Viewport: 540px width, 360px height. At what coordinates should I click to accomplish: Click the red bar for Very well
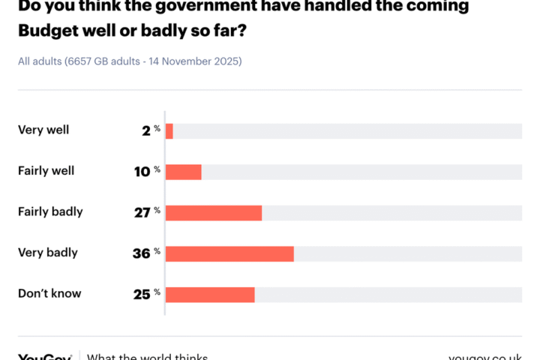pos(169,130)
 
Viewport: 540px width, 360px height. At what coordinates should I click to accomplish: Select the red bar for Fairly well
pos(184,172)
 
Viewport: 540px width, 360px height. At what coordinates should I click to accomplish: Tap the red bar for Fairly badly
pos(214,212)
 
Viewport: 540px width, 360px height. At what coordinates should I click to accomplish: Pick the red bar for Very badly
pos(229,253)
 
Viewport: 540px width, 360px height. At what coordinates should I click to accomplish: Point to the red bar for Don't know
pos(210,294)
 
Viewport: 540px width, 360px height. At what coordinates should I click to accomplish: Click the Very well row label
pos(43,130)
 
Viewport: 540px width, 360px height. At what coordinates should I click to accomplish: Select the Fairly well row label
pos(46,171)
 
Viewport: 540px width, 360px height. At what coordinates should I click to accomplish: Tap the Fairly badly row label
pos(50,211)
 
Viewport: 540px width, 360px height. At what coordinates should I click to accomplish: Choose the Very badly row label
pos(48,253)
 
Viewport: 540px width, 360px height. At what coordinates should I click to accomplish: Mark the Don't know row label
pos(49,293)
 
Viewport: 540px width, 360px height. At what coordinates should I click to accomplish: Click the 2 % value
pos(151,130)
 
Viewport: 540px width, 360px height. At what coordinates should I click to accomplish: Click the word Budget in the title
pos(48,31)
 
